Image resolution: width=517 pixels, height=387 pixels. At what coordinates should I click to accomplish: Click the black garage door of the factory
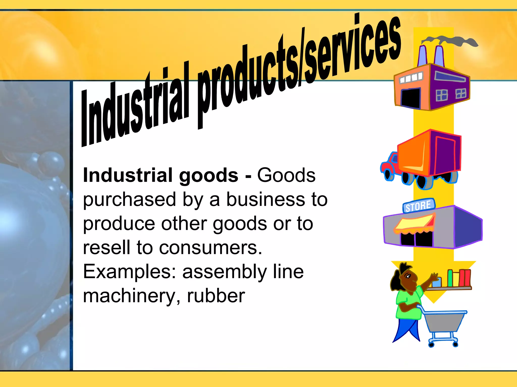pos(411,98)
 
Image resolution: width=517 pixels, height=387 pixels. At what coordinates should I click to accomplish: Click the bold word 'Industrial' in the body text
pos(128,175)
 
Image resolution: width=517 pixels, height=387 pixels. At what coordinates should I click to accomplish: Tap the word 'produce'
pos(119,224)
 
